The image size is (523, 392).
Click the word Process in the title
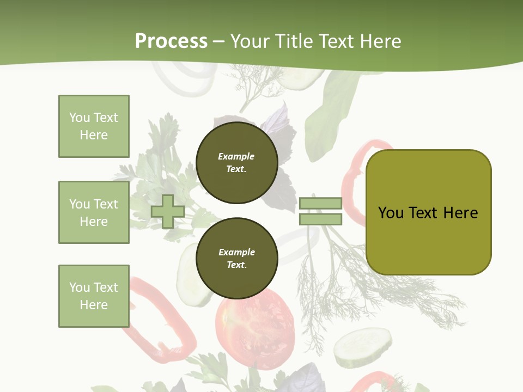click(x=171, y=41)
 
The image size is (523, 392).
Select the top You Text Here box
click(x=94, y=126)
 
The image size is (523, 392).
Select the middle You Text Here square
click(x=94, y=212)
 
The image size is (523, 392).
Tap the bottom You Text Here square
click(x=94, y=296)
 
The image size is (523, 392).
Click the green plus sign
click(x=168, y=211)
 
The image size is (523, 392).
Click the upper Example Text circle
click(x=237, y=163)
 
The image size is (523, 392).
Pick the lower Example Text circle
click(x=237, y=258)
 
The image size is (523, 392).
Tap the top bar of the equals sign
click(x=320, y=204)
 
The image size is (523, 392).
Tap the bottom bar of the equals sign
click(x=320, y=219)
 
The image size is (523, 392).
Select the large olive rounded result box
click(x=428, y=212)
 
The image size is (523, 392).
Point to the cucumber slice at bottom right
click(x=363, y=347)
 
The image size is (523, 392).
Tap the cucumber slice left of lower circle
click(x=191, y=275)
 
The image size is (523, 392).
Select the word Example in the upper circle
click(x=236, y=157)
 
